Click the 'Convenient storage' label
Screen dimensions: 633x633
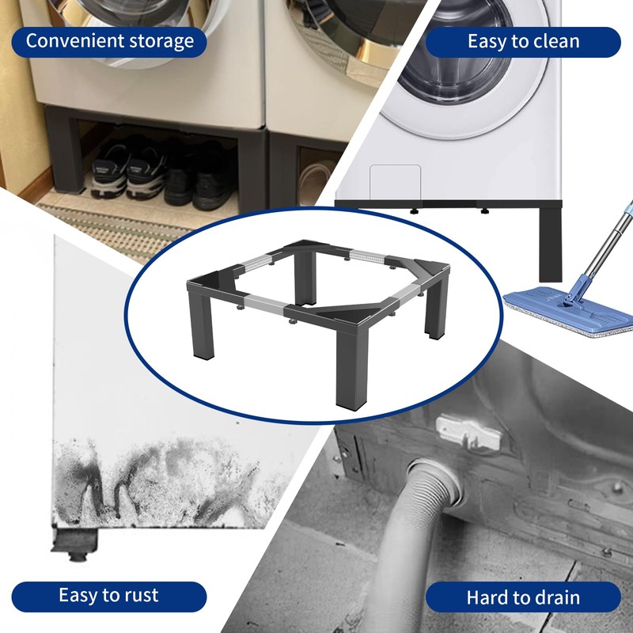pyautogui.click(x=109, y=42)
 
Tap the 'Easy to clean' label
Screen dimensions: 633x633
pyautogui.click(x=523, y=42)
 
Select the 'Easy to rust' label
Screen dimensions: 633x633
pyautogui.click(x=109, y=597)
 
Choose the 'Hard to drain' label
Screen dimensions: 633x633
pyautogui.click(x=523, y=597)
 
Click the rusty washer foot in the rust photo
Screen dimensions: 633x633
pyautogui.click(x=75, y=544)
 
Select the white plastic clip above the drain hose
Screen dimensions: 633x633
pyautogui.click(x=468, y=433)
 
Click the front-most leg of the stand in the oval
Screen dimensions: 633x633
pyautogui.click(x=351, y=368)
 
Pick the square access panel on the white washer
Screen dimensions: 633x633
pyautogui.click(x=395, y=183)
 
